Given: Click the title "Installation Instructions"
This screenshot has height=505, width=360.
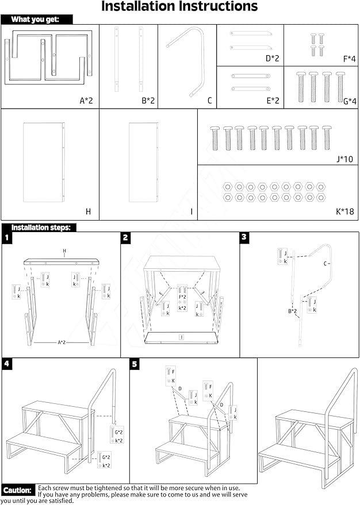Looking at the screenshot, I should [x=179, y=7].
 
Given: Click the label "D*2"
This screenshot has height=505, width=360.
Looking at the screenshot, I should [x=272, y=58].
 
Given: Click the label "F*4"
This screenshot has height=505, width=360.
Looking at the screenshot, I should [x=349, y=58].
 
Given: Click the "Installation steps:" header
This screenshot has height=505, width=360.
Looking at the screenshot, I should [x=41, y=228].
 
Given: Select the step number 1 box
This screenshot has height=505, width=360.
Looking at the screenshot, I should [x=7, y=237].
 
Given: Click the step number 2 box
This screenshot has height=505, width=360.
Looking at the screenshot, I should [x=126, y=237].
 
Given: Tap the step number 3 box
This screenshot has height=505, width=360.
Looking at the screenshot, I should [x=244, y=237].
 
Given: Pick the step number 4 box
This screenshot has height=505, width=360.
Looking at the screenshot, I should [x=7, y=364].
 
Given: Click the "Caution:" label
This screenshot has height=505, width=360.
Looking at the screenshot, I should [x=17, y=491].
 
